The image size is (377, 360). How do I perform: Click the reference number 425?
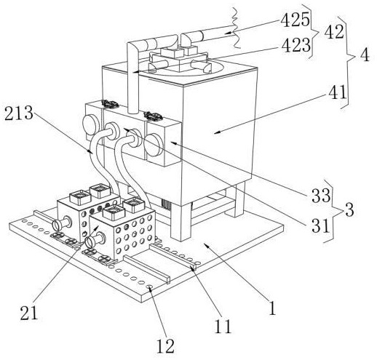point(295,20)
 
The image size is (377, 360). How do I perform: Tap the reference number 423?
point(296,45)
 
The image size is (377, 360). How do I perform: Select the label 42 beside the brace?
point(334,31)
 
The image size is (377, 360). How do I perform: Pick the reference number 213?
point(19,113)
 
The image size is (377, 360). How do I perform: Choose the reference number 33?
point(321,196)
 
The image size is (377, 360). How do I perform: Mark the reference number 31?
point(320,225)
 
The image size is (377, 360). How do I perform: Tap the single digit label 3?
point(349,210)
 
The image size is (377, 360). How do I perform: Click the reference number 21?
point(29,313)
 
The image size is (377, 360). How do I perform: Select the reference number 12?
point(165,346)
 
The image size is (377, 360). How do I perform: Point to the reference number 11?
point(223,327)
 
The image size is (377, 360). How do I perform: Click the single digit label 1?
point(273,308)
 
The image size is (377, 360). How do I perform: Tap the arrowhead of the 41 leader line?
point(216,132)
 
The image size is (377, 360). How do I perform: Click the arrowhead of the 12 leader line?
point(150,287)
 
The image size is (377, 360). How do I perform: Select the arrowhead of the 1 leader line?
point(206,245)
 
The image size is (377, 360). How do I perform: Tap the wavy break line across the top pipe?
point(235,28)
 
